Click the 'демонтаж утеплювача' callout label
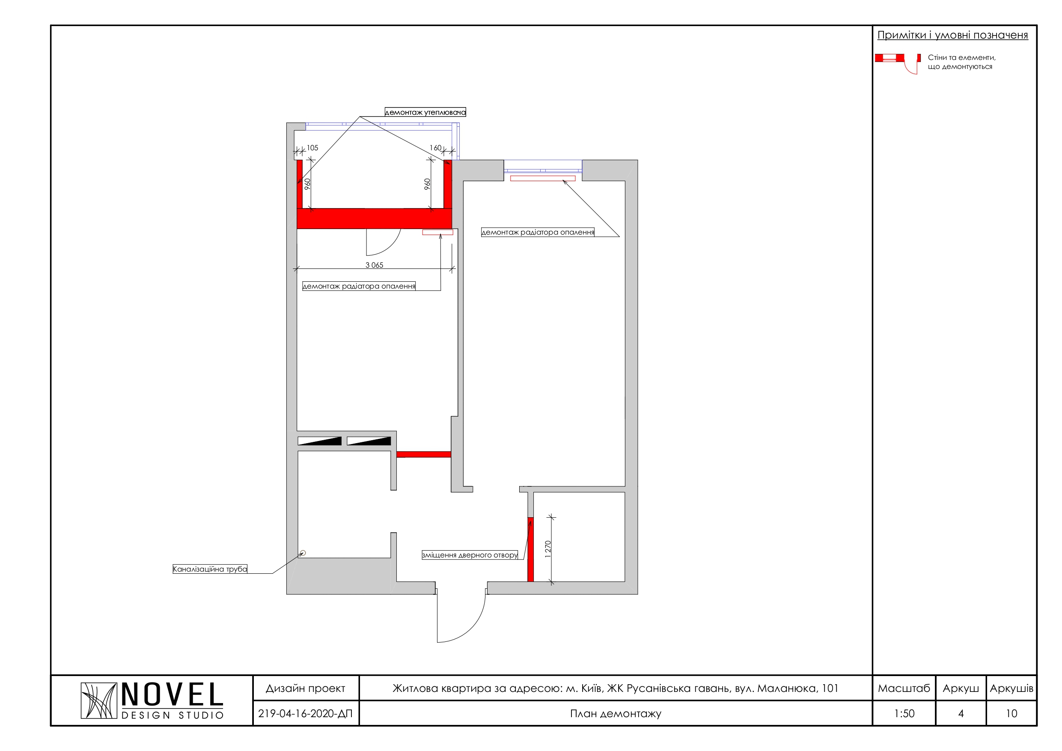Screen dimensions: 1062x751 point(425,112)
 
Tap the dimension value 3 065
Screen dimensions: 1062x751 point(374,265)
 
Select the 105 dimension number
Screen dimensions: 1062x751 point(312,148)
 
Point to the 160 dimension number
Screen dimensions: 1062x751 point(435,148)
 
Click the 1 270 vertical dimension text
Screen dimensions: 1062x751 point(548,549)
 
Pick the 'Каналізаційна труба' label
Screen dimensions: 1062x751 point(210,569)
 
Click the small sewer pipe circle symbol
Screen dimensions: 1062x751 point(303,553)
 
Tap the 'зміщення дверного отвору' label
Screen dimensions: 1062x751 point(470,555)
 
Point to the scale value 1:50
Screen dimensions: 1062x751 point(904,713)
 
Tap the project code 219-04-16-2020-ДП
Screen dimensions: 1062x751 point(305,713)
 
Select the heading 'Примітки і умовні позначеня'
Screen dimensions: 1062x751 point(953,35)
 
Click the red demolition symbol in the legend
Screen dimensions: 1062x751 point(889,58)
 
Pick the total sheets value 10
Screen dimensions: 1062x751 point(1011,713)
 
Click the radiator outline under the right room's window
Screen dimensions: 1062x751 point(543,178)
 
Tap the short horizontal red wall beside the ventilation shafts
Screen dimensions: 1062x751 point(424,454)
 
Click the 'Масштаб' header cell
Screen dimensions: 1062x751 point(904,688)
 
